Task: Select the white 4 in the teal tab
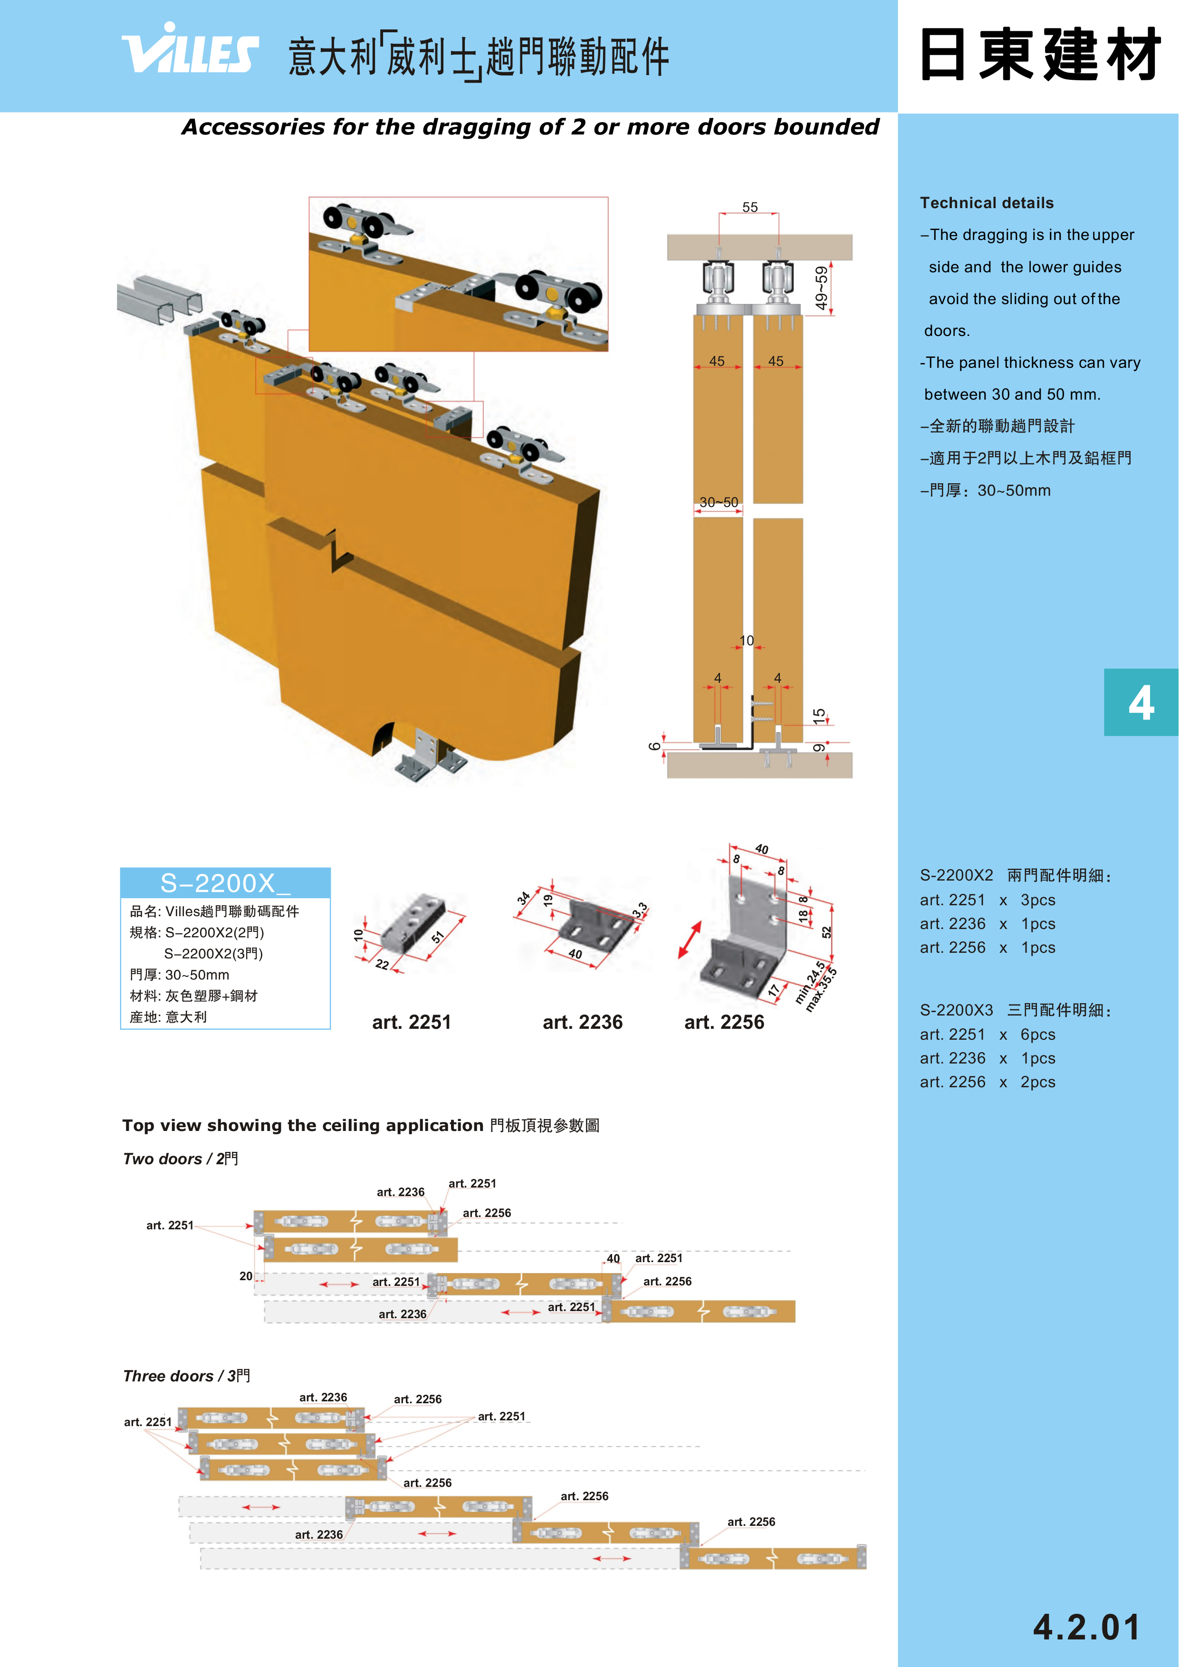click(x=1141, y=703)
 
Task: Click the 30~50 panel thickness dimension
click(x=719, y=502)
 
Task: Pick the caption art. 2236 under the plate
click(x=582, y=1022)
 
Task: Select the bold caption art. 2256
click(x=724, y=1022)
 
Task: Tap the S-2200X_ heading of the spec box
click(x=225, y=883)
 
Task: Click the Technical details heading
click(x=986, y=202)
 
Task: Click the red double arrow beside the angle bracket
click(x=690, y=940)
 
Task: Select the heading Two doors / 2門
click(x=180, y=1159)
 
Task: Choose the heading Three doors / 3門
click(x=186, y=1376)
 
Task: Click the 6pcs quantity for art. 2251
click(x=1037, y=1035)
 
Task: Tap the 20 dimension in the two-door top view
click(x=246, y=1276)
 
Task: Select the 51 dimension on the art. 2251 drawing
click(x=437, y=937)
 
